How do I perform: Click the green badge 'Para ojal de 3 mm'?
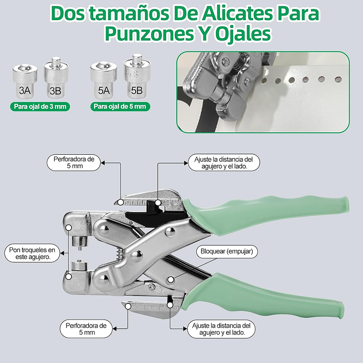point(40,106)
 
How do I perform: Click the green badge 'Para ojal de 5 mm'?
point(119,106)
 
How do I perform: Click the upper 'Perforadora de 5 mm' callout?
point(74,162)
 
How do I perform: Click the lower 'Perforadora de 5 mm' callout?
point(86,329)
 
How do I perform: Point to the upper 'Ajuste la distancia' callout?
point(224,162)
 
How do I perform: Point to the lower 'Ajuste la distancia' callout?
point(220,329)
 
